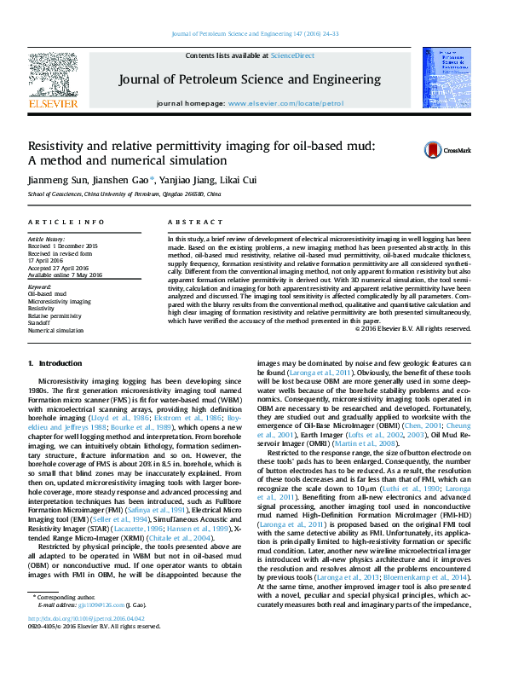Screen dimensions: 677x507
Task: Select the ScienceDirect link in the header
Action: click(x=292, y=55)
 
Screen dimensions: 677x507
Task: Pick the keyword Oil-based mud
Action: click(x=47, y=294)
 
